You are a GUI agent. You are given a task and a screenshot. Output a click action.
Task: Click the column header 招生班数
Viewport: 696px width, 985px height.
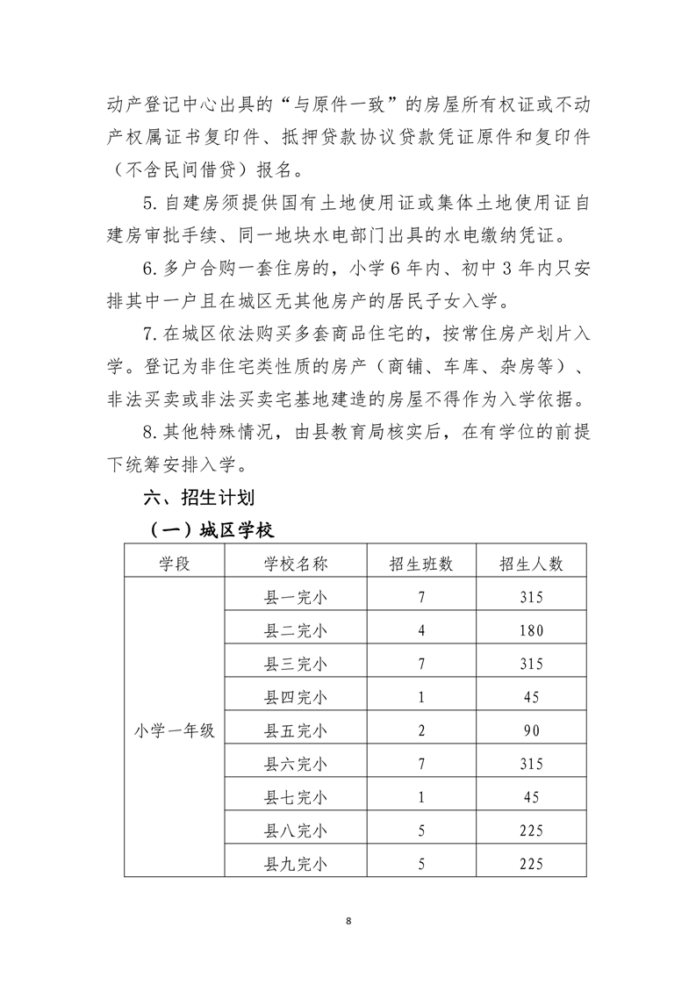421,564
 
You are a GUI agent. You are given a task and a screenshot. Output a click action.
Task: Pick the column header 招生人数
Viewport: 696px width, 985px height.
530,564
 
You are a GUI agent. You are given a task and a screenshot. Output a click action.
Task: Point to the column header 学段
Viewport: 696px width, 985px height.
175,564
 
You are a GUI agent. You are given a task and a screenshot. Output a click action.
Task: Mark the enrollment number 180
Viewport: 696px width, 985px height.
530,630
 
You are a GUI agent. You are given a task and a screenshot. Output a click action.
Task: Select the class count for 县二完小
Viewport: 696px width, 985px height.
421,630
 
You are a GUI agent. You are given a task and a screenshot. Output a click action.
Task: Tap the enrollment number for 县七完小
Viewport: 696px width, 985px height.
530,797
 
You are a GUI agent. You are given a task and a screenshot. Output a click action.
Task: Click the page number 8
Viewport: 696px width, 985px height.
348,921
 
